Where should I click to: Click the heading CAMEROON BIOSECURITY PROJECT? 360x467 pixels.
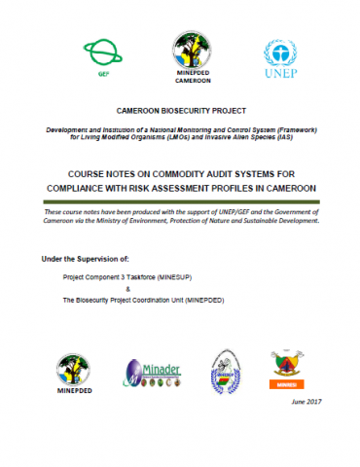[x=179, y=113]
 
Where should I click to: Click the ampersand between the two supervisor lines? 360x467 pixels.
[x=129, y=289]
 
